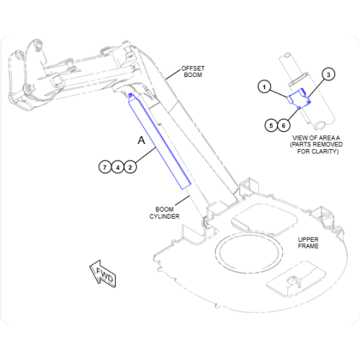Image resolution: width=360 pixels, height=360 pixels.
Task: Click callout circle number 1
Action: (264, 86)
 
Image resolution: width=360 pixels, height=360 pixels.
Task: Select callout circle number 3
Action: (328, 74)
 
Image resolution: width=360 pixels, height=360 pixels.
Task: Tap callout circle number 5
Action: (271, 125)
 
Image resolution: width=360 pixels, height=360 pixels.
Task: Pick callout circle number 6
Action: (284, 125)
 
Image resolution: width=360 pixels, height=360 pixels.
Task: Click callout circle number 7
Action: (104, 167)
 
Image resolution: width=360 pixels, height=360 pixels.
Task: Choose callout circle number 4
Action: (117, 167)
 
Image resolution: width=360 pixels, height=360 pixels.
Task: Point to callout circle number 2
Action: (130, 167)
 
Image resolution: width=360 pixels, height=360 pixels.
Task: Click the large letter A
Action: (142, 140)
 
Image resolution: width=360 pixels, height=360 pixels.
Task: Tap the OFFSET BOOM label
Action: (193, 72)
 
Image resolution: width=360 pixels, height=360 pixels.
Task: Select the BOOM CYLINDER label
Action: (164, 213)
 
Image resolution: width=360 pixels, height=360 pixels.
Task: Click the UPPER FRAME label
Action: (308, 243)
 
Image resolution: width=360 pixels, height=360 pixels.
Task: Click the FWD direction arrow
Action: (103, 274)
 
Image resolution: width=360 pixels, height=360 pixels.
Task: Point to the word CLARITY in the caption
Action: (325, 151)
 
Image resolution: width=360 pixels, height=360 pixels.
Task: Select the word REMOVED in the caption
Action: (329, 145)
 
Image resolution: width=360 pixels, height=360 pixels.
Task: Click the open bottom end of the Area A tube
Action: (320, 125)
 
